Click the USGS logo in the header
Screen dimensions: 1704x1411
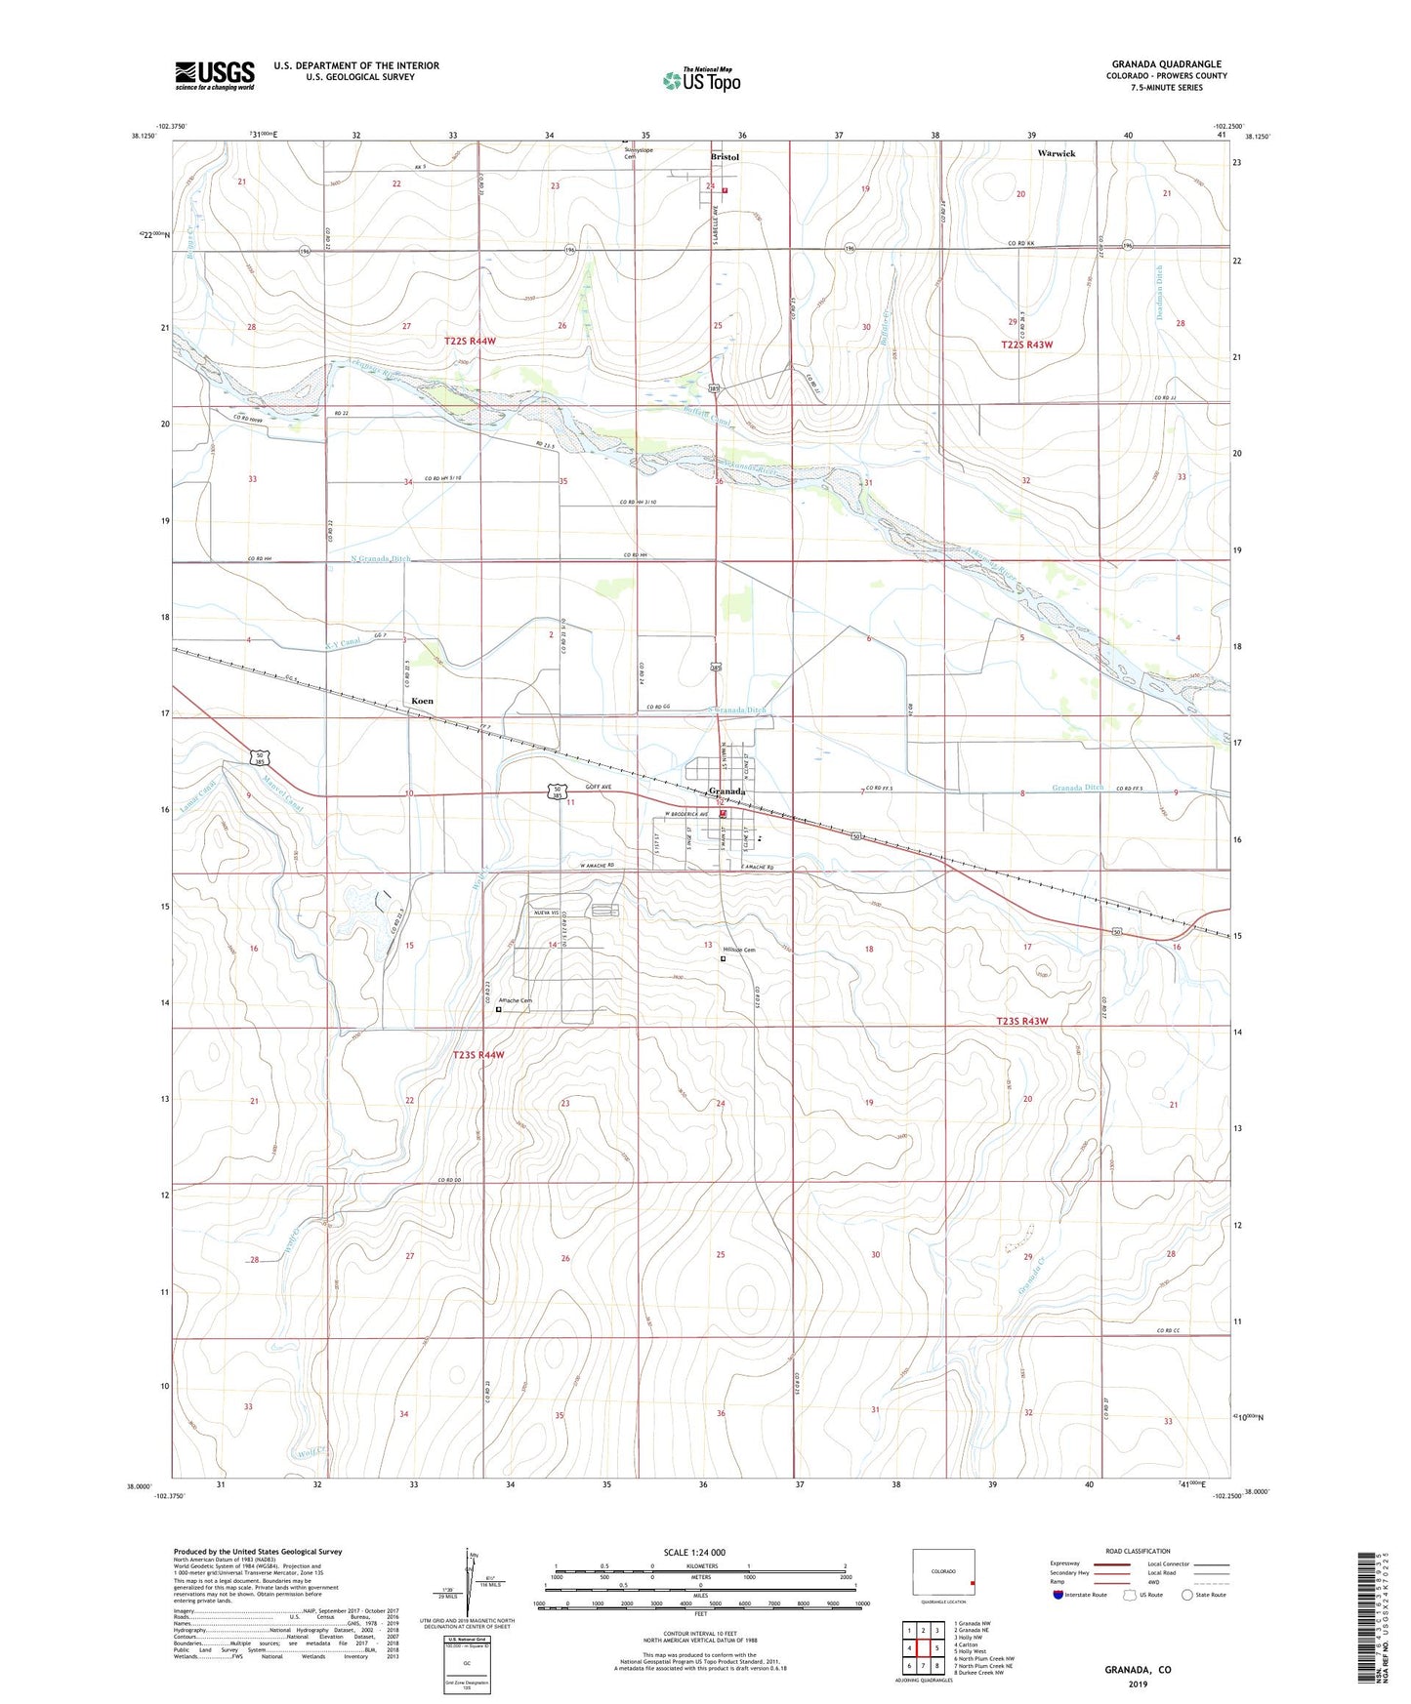[x=215, y=74]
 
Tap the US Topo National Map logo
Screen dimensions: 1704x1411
[x=702, y=79]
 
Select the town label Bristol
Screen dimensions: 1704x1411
[x=725, y=157]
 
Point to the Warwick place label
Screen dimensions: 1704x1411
[x=1056, y=154]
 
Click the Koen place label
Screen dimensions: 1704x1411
[x=422, y=701]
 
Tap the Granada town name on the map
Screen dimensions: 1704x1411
[x=727, y=791]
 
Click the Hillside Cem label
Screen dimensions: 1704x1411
[x=739, y=950]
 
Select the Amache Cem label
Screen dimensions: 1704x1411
[x=515, y=1000]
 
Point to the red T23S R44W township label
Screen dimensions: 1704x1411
[x=478, y=1055]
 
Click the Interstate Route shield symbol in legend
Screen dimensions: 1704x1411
[x=1059, y=1595]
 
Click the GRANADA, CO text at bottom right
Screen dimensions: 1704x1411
[x=1138, y=1670]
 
